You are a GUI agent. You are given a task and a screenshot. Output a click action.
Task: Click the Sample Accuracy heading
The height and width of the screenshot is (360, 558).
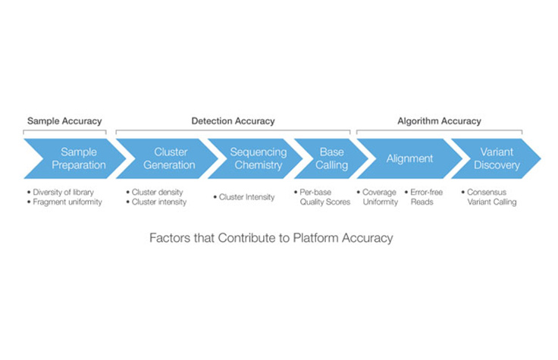[64, 121]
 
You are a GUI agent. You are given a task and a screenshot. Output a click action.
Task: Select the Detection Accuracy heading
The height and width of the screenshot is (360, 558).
[233, 121]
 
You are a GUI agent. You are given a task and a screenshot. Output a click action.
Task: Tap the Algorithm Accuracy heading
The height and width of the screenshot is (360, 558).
[439, 121]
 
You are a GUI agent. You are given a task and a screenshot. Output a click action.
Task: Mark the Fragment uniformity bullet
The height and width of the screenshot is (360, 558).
[67, 202]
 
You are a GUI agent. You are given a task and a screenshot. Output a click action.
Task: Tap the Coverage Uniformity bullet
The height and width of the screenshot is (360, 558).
[380, 197]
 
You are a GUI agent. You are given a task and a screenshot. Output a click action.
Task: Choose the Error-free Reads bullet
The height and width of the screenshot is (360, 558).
[426, 197]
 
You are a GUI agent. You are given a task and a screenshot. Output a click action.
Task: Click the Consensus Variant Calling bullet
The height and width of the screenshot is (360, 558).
[494, 197]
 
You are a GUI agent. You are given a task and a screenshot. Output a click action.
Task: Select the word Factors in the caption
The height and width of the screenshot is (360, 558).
[171, 238]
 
